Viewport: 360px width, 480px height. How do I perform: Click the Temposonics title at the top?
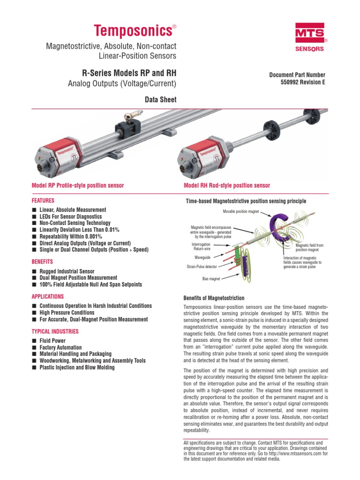coord(133,31)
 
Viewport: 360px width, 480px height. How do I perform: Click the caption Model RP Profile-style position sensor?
coord(77,186)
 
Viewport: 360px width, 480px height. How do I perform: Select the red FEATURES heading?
coord(43,200)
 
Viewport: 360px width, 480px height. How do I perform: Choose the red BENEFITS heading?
coord(42,262)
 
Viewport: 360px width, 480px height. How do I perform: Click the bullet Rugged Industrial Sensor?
coord(67,271)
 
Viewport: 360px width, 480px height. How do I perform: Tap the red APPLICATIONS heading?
coord(47,297)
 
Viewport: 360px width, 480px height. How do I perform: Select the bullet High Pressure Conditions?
coord(67,313)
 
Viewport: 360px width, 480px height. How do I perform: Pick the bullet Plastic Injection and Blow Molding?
coord(76,367)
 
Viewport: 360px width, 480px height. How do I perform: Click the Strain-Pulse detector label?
coord(202,267)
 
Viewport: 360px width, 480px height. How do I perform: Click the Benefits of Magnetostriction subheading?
coord(213,298)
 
